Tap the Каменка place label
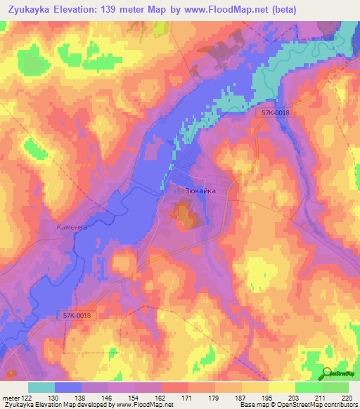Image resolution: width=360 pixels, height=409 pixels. point(72,228)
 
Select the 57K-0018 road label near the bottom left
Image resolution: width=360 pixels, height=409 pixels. point(76,317)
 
